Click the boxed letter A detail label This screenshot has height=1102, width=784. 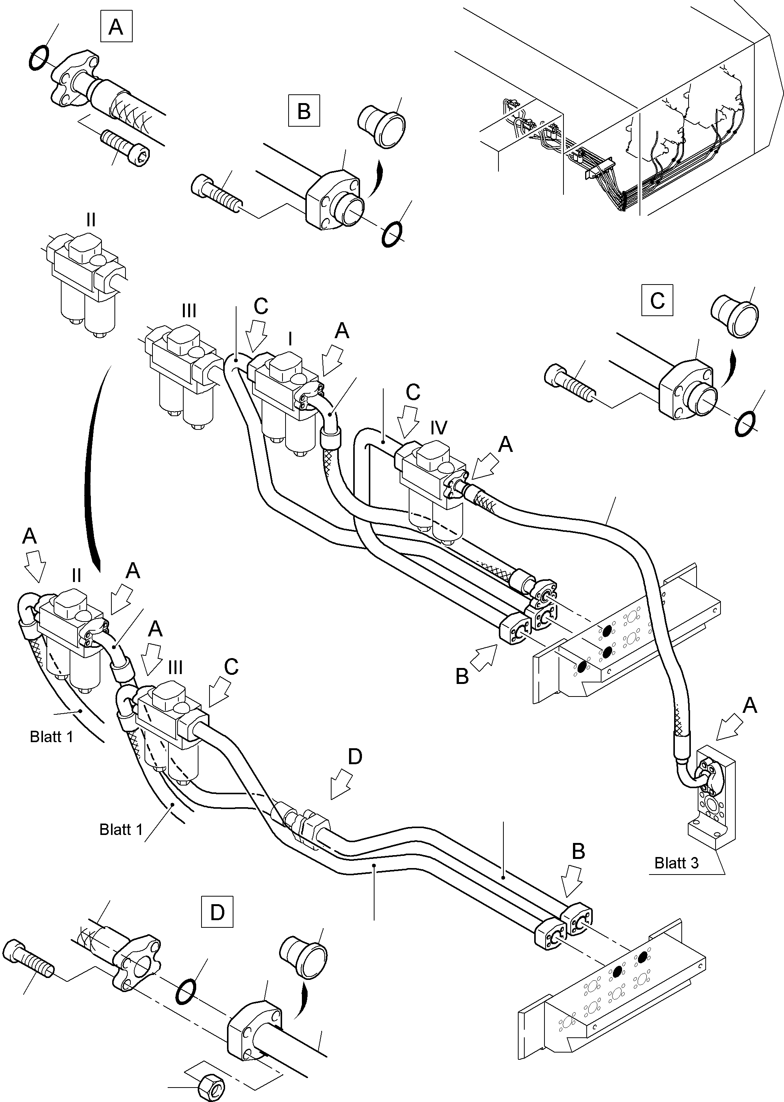click(116, 27)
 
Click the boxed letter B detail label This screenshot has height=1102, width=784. click(304, 111)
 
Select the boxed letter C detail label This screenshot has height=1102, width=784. click(657, 301)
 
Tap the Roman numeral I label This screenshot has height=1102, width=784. click(290, 339)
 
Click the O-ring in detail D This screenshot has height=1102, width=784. click(186, 991)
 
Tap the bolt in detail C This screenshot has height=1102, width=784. click(569, 382)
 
